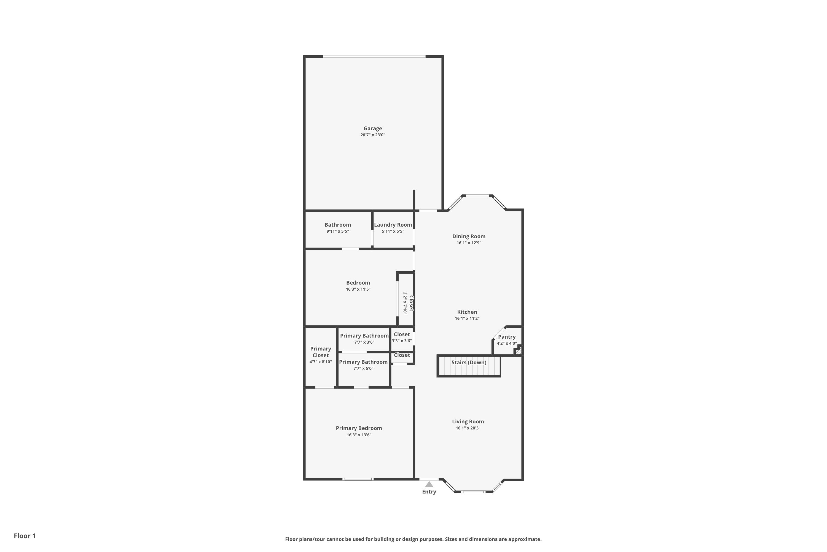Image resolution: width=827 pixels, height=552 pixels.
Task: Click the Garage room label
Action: click(373, 129)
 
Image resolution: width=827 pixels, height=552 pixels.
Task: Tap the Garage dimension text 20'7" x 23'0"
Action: click(373, 135)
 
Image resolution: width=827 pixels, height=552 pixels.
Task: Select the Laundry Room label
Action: click(393, 225)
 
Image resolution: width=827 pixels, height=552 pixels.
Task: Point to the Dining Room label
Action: click(469, 237)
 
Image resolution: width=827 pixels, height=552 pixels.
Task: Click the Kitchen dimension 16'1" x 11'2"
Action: click(467, 319)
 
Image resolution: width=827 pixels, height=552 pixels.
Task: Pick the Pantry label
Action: click(507, 337)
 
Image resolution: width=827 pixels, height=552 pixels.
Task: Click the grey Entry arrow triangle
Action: click(429, 484)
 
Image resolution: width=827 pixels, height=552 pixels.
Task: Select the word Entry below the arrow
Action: click(429, 492)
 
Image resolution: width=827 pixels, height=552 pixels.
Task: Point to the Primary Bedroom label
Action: click(359, 428)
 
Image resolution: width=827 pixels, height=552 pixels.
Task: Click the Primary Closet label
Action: click(320, 352)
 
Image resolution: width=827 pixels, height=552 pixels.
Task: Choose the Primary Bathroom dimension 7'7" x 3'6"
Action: click(364, 342)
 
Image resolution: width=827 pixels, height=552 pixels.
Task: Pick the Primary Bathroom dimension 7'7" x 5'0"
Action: click(363, 368)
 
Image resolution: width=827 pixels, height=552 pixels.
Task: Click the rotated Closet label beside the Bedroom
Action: click(411, 303)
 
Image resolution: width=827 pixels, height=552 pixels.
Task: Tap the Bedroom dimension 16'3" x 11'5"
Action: click(358, 289)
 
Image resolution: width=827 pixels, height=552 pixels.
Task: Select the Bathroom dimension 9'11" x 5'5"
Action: click(337, 231)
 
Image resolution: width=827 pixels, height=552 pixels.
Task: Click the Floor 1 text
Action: click(25, 536)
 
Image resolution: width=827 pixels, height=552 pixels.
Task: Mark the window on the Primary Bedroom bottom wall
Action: click(358, 479)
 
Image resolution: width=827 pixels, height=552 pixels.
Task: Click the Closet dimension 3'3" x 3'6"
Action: click(402, 341)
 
